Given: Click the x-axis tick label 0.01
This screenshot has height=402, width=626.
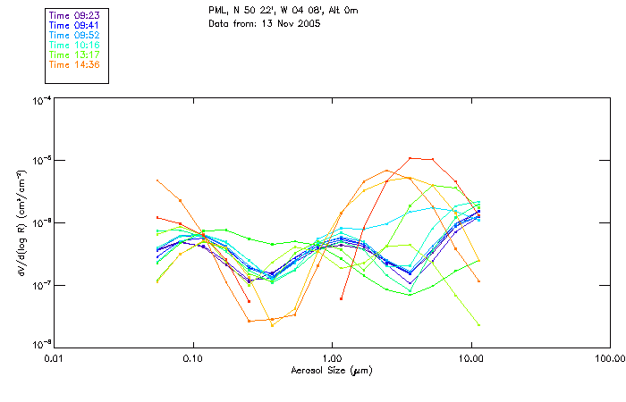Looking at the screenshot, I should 54,358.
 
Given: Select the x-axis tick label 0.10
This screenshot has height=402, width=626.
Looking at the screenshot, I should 192,358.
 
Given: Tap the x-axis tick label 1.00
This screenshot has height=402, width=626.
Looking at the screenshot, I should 332,358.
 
